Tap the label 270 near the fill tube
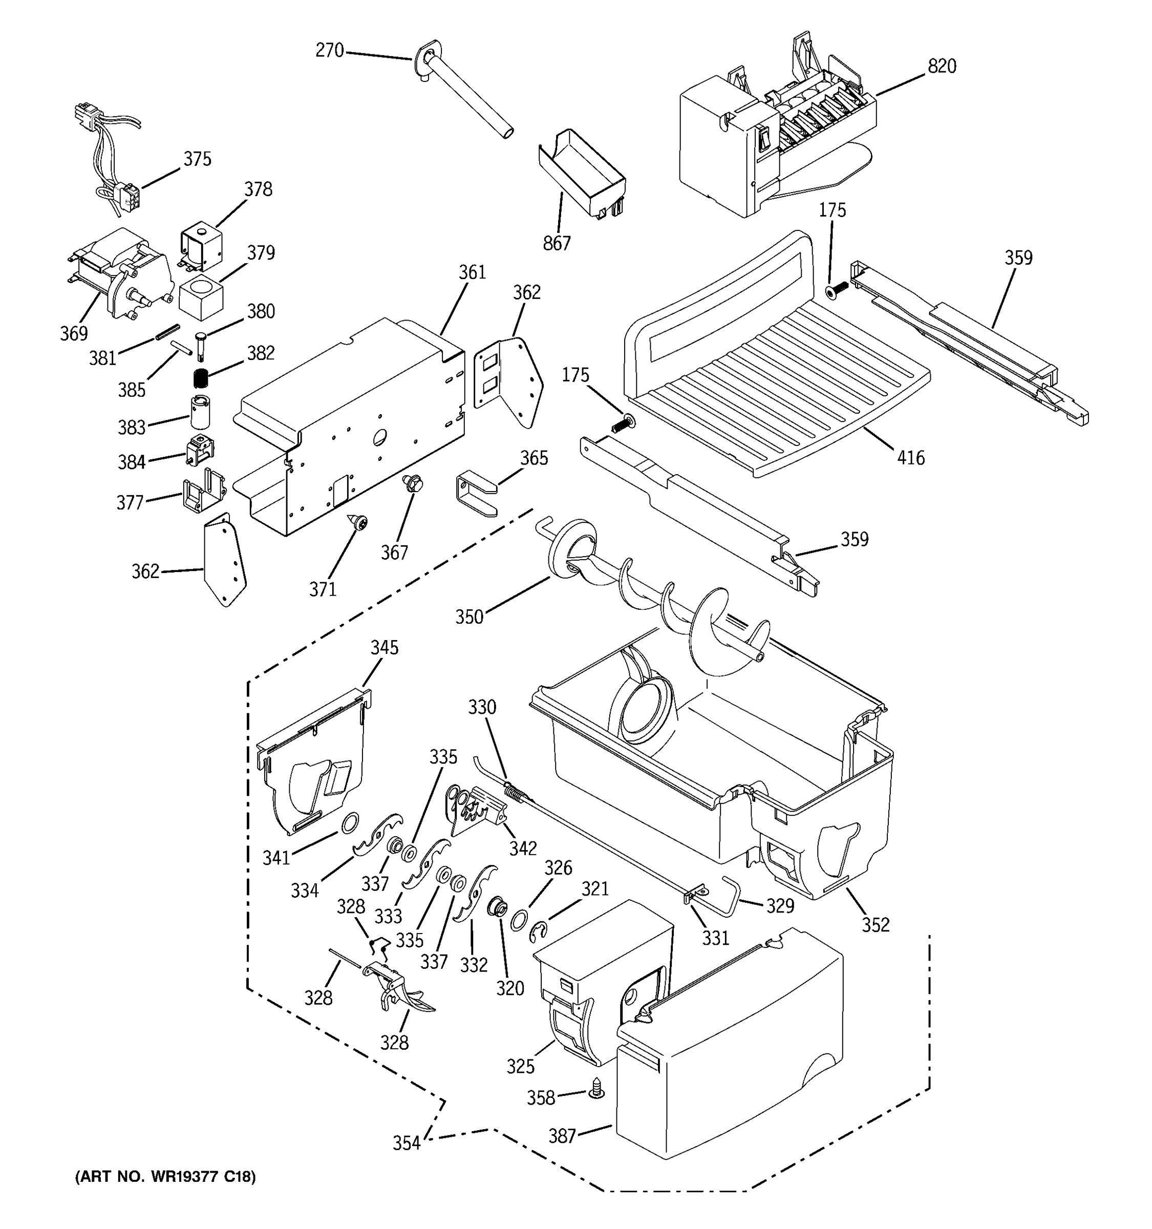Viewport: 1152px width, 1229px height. (329, 50)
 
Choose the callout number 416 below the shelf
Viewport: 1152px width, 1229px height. (910, 458)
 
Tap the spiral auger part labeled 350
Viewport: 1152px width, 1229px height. (655, 606)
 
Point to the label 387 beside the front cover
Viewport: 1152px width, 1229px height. (562, 1136)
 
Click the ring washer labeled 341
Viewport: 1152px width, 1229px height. (350, 823)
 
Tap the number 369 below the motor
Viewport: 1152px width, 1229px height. (74, 334)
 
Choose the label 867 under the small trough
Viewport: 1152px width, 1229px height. (556, 244)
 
